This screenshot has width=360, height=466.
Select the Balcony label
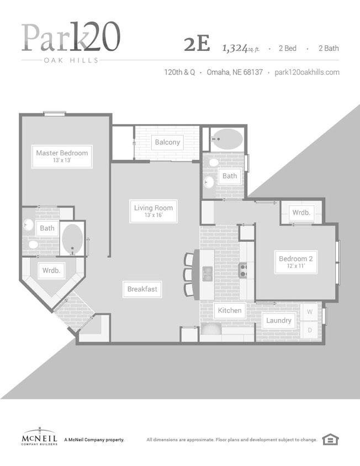tap(167, 142)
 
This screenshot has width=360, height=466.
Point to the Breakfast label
tap(142, 289)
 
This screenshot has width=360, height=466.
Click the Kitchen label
tap(230, 310)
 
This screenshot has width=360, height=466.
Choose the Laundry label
tap(278, 320)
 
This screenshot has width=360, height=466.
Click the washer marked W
tap(310, 312)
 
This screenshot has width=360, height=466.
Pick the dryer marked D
tap(310, 330)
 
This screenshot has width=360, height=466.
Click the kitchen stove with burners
tap(243, 271)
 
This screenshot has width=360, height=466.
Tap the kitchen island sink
tap(208, 273)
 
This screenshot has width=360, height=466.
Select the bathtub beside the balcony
tap(227, 139)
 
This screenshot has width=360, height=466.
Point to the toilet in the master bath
tap(33, 245)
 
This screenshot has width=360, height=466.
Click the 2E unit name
tap(197, 44)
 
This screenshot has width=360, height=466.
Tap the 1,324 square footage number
tap(235, 48)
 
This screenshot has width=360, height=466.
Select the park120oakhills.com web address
tap(307, 72)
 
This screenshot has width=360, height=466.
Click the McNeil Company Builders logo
tap(40, 436)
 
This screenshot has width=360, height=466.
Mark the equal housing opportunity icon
tap(331, 439)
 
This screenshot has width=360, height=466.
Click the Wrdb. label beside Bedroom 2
tap(301, 213)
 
